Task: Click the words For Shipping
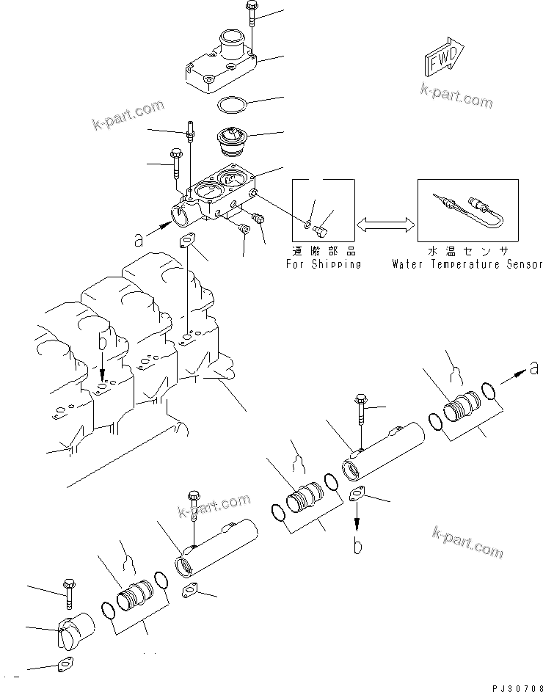click(x=323, y=264)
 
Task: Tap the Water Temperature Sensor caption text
click(x=467, y=264)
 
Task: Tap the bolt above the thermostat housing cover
click(x=252, y=16)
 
